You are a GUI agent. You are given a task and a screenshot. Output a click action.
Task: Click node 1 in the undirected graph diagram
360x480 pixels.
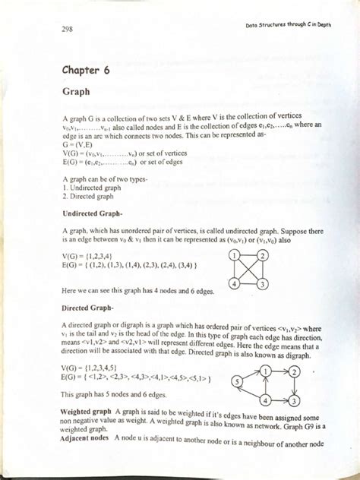coord(236,254)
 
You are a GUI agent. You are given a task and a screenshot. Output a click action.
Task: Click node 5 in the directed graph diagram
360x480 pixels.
coord(238,381)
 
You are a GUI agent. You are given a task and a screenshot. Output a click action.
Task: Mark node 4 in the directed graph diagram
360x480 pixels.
coord(265,399)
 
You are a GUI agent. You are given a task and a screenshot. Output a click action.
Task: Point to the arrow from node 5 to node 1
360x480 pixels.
coord(251,375)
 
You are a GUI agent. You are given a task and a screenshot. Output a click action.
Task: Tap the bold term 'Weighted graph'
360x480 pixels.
coord(85,411)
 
